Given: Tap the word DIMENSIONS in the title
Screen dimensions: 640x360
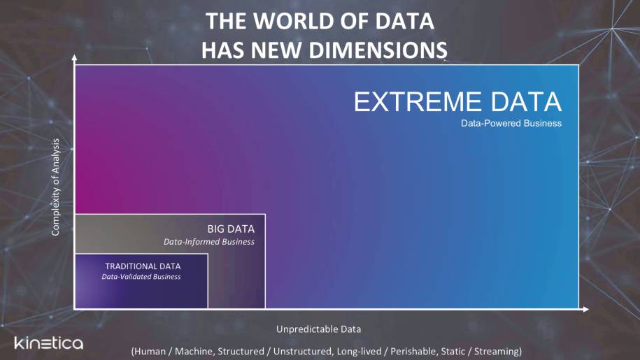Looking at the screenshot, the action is coord(378,50).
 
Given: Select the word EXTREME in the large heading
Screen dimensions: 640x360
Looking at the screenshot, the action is coord(418,101).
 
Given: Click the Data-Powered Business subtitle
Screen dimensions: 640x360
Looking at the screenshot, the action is coord(511,123).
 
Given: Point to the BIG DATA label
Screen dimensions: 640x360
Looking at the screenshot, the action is coord(231,229).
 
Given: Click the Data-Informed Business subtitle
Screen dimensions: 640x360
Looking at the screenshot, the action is coord(208,242).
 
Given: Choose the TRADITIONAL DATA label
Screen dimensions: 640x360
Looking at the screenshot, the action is coord(143,266).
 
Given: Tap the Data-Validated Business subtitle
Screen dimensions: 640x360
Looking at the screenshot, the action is coord(141,277).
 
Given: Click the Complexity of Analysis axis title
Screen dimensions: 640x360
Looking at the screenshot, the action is coord(55,187).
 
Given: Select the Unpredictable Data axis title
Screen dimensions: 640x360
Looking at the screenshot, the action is coord(318,329).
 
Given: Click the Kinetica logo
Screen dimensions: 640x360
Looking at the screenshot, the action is coord(48,343).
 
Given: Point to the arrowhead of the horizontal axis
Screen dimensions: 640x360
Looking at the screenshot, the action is coord(586,310).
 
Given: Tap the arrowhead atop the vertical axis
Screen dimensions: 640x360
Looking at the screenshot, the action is coord(74,58).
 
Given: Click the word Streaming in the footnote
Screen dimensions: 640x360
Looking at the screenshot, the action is coord(496,351).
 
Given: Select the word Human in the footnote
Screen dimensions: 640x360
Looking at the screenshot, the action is coord(150,351).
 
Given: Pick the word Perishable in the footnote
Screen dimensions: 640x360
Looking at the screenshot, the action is coord(413,351).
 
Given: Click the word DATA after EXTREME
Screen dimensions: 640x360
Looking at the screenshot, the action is coord(526,101).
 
